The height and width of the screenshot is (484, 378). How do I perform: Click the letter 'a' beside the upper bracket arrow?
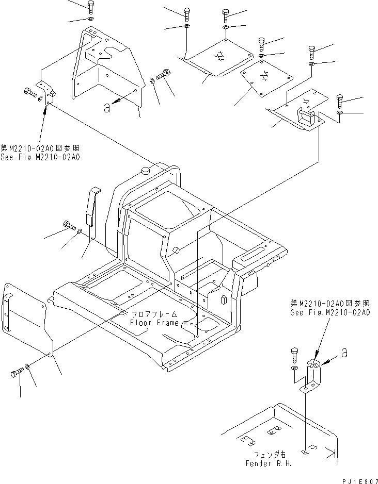[107, 107]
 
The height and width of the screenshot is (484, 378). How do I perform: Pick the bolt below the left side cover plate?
[16, 374]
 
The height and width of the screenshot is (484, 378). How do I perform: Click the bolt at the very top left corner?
[91, 7]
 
